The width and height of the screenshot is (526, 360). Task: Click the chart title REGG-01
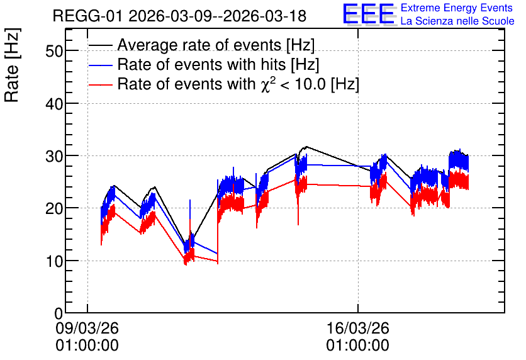click(87, 16)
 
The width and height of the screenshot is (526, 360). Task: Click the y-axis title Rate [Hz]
click(12, 65)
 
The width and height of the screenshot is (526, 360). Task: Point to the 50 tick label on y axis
click(54, 51)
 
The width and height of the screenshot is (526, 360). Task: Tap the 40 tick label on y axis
click(54, 104)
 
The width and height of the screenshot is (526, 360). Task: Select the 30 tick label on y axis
click(54, 156)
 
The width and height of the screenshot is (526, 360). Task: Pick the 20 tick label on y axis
click(54, 208)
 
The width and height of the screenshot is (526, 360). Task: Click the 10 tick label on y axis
click(54, 261)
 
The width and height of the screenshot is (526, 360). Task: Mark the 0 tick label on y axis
click(59, 313)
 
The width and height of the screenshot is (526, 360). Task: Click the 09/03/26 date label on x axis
click(87, 328)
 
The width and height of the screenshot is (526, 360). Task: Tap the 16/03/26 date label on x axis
click(358, 328)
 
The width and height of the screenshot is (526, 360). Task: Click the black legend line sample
click(101, 45)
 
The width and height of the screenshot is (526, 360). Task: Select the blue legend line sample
click(101, 65)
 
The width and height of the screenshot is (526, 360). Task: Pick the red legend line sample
click(101, 84)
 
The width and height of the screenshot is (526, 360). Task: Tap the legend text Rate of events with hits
click(201, 64)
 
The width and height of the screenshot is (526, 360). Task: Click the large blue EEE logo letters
click(369, 14)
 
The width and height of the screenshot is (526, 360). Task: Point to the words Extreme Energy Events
click(457, 8)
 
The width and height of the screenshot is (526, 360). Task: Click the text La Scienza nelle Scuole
click(457, 21)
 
